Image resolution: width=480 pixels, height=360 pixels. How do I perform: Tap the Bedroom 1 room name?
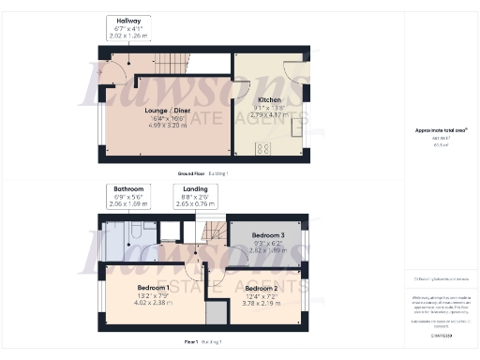coord(152,285)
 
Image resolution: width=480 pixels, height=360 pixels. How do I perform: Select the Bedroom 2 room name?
coord(262,289)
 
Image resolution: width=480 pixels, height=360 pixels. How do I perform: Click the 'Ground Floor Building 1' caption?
coord(202,174)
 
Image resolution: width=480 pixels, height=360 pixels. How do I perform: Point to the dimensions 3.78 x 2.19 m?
coord(262,304)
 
